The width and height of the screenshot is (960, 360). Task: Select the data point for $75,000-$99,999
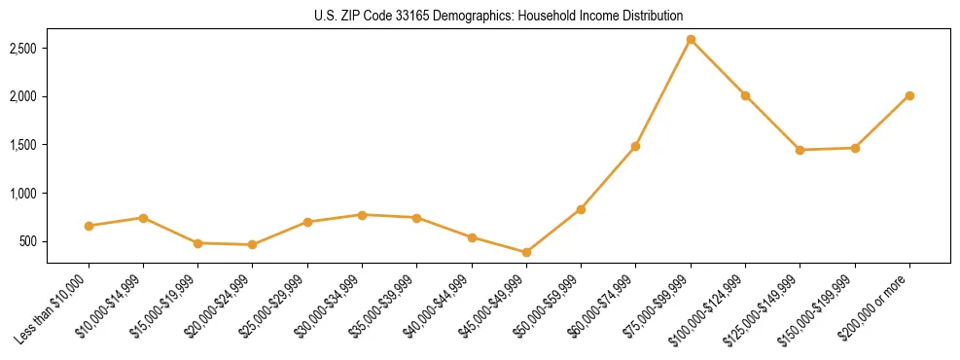691,40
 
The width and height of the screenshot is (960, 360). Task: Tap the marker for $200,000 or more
909,95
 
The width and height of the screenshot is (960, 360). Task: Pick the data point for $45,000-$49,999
526,252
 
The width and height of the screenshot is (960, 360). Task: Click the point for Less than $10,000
89,226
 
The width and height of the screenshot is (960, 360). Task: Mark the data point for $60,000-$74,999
635,146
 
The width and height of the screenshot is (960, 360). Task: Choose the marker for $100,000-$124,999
745,95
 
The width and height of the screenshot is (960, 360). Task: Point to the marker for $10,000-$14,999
143,218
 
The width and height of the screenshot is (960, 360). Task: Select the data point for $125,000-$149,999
800,150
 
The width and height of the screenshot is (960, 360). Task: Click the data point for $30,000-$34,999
362,214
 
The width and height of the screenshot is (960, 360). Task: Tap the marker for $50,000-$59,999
581,209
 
